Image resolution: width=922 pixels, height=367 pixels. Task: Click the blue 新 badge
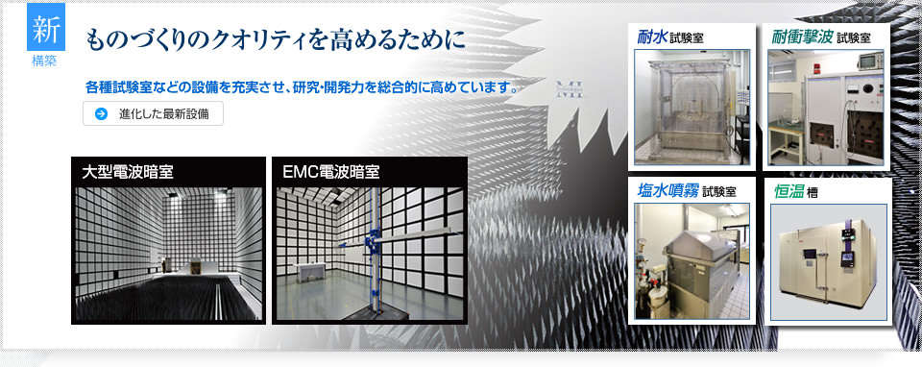coord(45,31)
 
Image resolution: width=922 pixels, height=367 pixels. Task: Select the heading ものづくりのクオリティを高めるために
coord(275,41)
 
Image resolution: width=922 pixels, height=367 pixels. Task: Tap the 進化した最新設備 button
coord(154,114)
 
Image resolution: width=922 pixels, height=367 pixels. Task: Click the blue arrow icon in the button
coord(101,114)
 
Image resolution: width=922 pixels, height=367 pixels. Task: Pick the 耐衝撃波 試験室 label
coord(821,37)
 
